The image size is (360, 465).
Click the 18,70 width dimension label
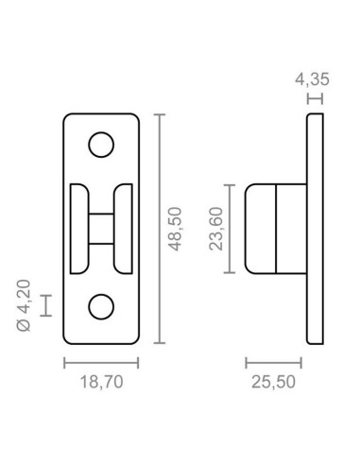tap(101, 383)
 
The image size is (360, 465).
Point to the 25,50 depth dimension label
tap(274, 383)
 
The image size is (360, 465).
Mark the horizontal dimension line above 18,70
tap(101, 362)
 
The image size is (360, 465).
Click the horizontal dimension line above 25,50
tap(274, 362)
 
